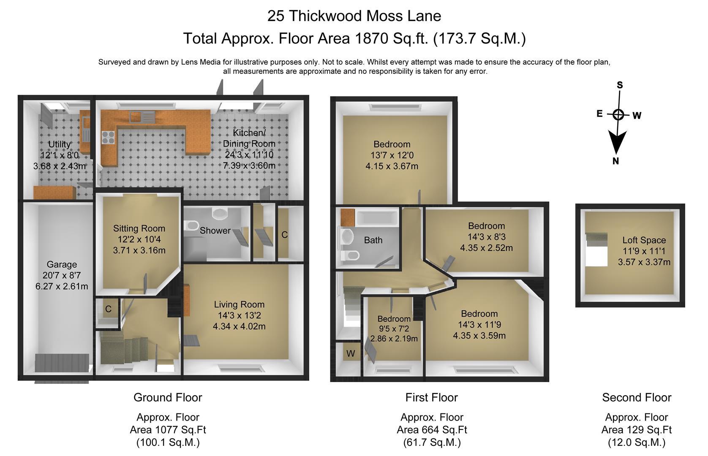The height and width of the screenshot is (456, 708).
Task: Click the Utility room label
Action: click(x=60, y=144)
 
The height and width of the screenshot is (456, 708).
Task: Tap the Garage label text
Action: click(x=62, y=264)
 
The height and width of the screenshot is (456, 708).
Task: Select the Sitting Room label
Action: click(x=139, y=228)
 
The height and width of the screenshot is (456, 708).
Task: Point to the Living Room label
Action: click(x=239, y=304)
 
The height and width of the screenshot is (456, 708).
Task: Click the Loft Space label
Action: click(x=644, y=241)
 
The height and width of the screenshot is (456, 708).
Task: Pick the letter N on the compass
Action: click(x=615, y=161)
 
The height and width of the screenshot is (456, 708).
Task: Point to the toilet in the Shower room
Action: click(x=191, y=226)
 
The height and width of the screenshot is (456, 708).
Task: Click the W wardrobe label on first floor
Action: click(x=351, y=354)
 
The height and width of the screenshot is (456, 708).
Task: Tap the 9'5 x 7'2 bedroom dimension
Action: click(x=394, y=329)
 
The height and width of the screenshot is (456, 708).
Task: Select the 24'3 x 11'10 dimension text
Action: click(x=249, y=155)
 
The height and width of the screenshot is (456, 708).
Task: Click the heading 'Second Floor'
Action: click(x=637, y=398)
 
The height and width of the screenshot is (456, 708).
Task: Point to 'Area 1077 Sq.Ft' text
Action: click(x=168, y=430)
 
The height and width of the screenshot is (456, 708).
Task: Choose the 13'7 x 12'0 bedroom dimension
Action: click(x=392, y=155)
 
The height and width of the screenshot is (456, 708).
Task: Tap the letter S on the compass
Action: click(x=620, y=85)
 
